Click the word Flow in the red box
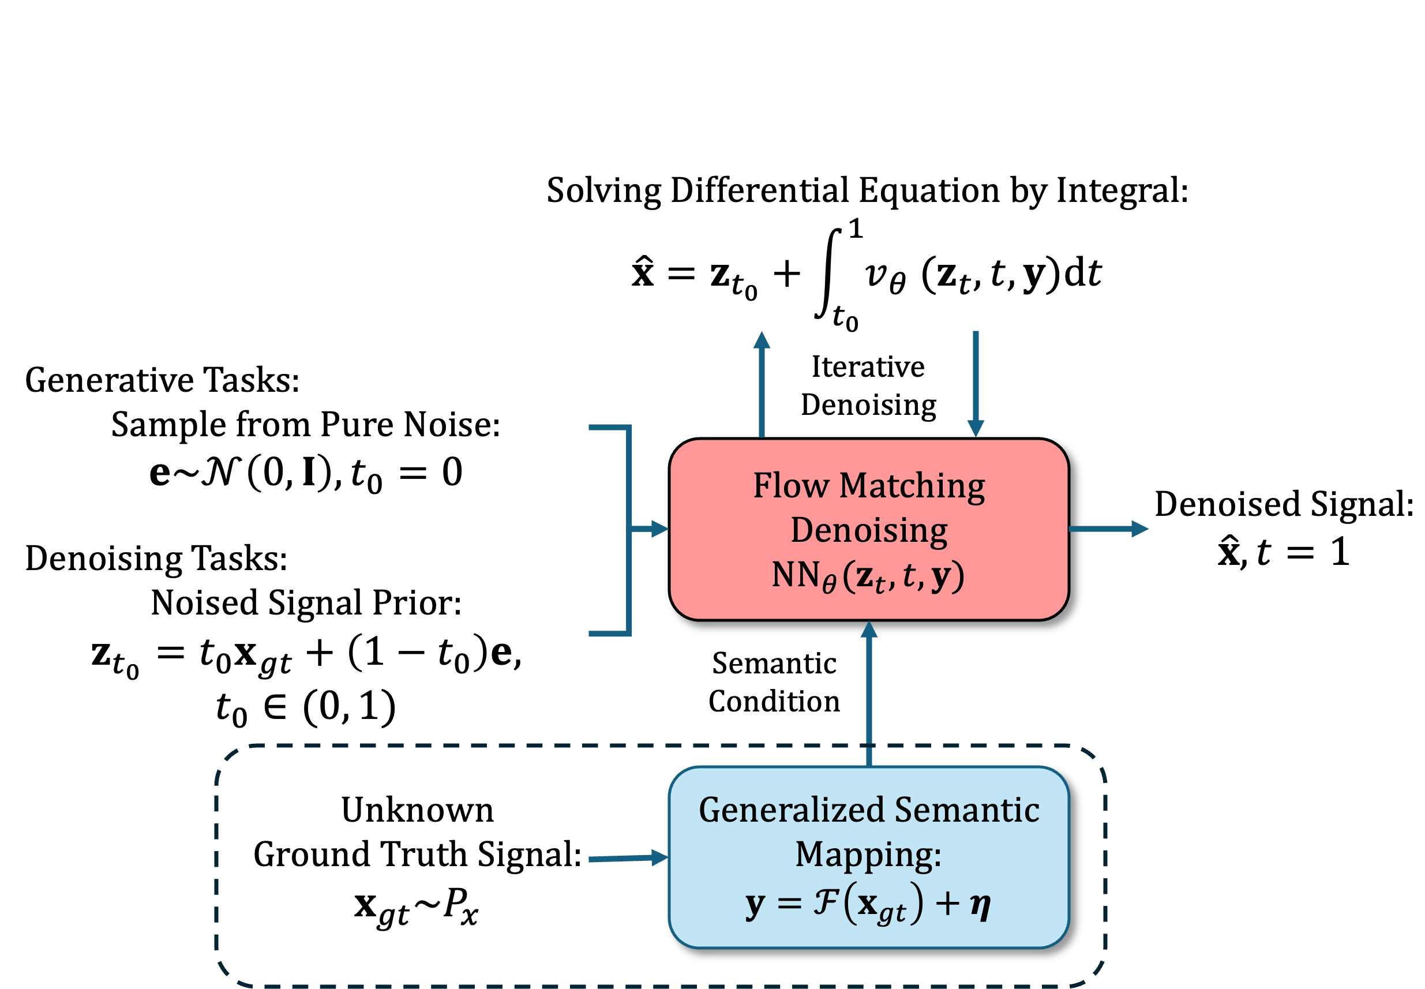(790, 485)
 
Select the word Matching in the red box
(912, 486)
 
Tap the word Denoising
(869, 530)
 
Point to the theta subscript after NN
(829, 584)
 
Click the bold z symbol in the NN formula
(864, 576)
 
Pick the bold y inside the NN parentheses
(940, 576)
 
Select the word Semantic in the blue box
(966, 810)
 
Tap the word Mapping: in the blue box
(869, 855)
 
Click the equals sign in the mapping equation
(789, 903)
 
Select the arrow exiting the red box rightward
(1109, 529)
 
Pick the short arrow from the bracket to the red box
(651, 529)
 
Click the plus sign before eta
(947, 903)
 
